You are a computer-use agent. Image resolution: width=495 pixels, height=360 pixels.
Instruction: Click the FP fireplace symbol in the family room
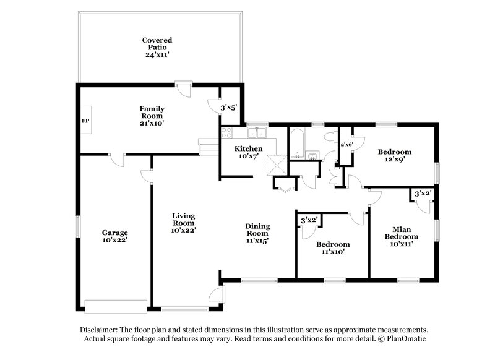(85, 121)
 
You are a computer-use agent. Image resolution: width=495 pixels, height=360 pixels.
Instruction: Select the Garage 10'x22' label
(114, 236)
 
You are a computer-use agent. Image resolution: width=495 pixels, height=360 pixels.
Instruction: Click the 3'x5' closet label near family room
(229, 107)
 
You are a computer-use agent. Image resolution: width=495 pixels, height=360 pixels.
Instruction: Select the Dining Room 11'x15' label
(257, 233)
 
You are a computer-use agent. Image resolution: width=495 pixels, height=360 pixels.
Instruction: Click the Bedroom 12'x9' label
(394, 155)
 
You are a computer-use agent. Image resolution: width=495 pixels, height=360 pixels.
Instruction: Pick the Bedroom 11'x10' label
(333, 247)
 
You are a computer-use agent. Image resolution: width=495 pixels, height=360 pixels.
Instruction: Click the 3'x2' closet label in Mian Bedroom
(423, 194)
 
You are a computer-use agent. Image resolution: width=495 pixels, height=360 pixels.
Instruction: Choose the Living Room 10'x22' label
(184, 223)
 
